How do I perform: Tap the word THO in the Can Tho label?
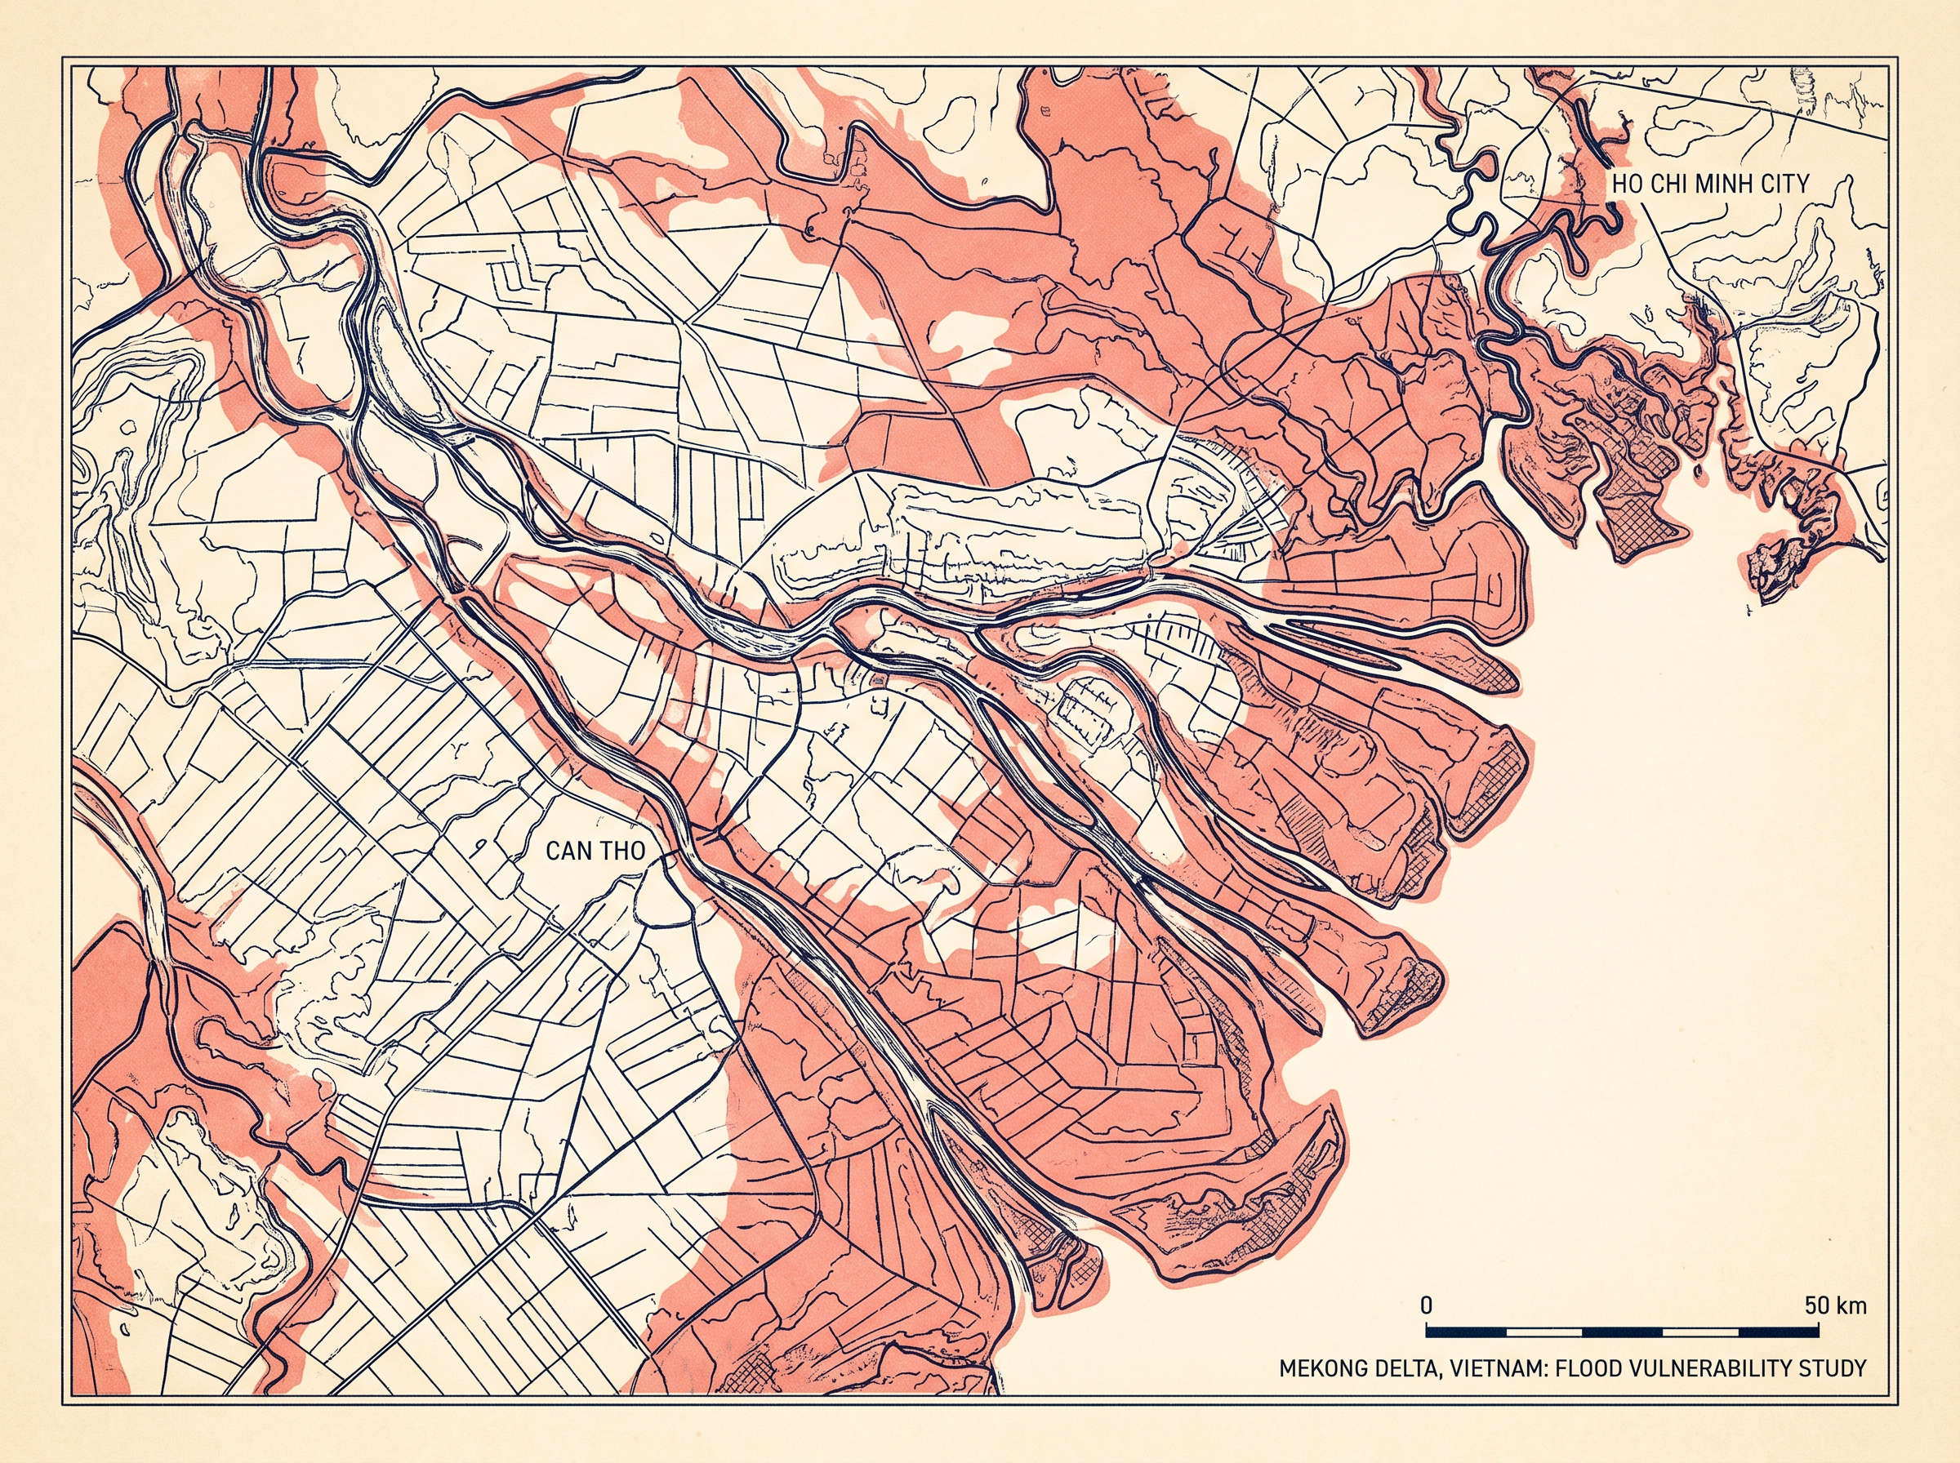click(620, 851)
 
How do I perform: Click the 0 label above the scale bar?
click(1426, 1305)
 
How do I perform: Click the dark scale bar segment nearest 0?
click(1465, 1332)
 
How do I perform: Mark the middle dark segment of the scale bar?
click(1622, 1332)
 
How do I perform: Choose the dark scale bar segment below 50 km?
click(1779, 1332)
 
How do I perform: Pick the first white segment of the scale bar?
click(1543, 1332)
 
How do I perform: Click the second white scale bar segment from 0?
click(1700, 1332)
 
